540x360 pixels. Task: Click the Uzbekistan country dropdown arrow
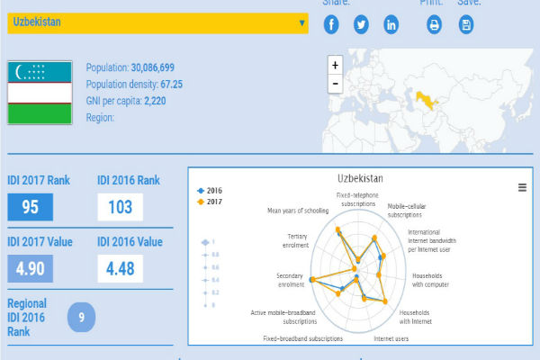(x=301, y=22)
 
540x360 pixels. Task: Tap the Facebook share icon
(x=332, y=24)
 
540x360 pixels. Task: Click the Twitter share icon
(x=361, y=24)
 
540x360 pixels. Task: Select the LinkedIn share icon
(x=391, y=24)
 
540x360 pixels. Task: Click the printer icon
(x=435, y=24)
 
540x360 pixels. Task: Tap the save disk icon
(x=466, y=24)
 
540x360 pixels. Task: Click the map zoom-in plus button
(x=336, y=66)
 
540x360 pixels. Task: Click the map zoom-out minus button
(x=336, y=84)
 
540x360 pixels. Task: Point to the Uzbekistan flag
(x=40, y=93)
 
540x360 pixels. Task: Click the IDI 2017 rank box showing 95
(x=31, y=208)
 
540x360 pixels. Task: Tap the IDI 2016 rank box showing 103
(x=121, y=208)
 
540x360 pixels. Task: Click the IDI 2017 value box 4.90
(x=31, y=269)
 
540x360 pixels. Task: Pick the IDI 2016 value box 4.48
(x=121, y=269)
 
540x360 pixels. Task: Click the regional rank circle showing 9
(x=81, y=317)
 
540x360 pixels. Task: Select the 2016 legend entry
(x=210, y=191)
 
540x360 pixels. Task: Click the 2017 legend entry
(x=210, y=202)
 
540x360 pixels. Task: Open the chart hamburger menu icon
(x=522, y=187)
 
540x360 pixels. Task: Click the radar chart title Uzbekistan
(x=360, y=179)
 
